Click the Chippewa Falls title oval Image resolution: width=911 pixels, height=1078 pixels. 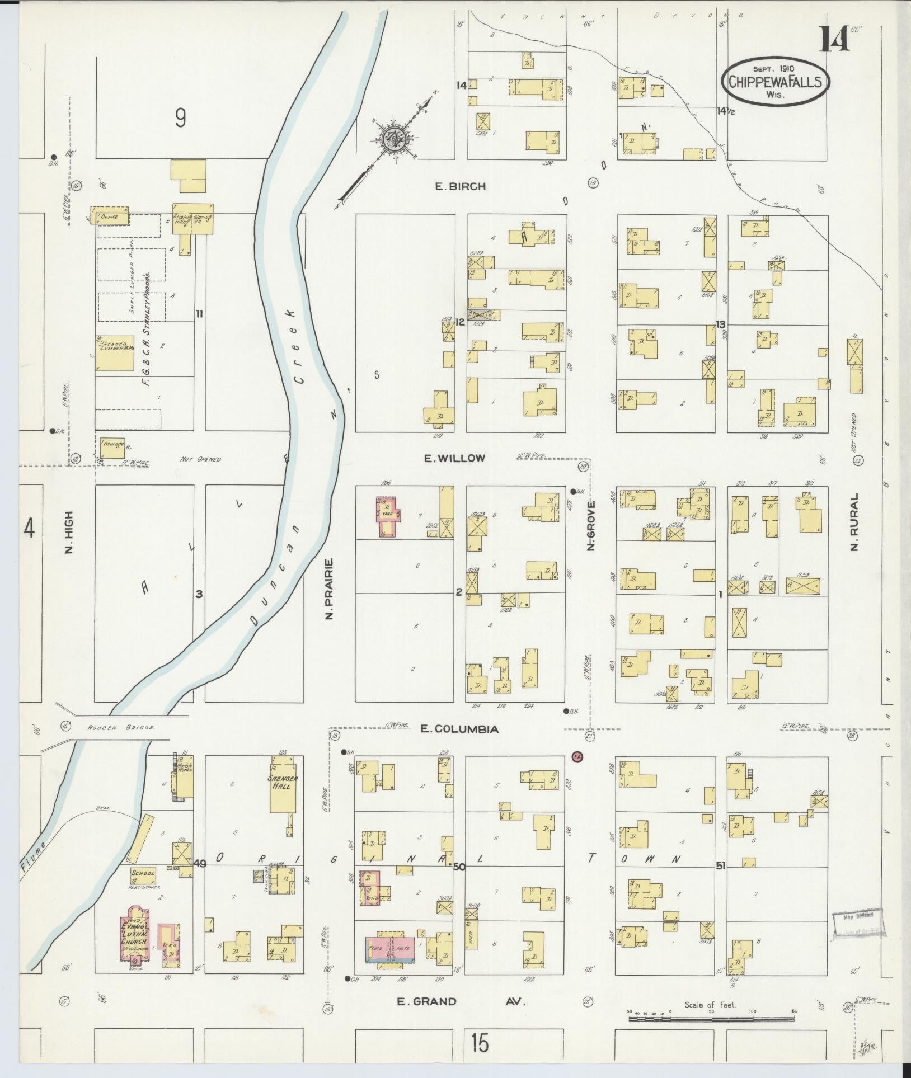774,82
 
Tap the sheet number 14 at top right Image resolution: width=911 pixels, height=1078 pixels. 834,39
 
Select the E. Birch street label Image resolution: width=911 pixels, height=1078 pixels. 461,186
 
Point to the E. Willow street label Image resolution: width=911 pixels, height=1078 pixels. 454,458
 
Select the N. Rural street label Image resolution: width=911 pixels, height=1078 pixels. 854,521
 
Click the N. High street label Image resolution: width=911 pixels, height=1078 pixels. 69,535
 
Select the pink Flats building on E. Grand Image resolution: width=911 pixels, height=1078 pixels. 390,949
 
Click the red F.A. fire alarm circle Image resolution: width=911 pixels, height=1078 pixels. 577,757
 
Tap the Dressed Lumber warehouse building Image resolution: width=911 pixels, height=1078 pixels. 115,352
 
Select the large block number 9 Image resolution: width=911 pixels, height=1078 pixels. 180,119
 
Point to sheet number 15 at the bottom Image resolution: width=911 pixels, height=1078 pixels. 480,1043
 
